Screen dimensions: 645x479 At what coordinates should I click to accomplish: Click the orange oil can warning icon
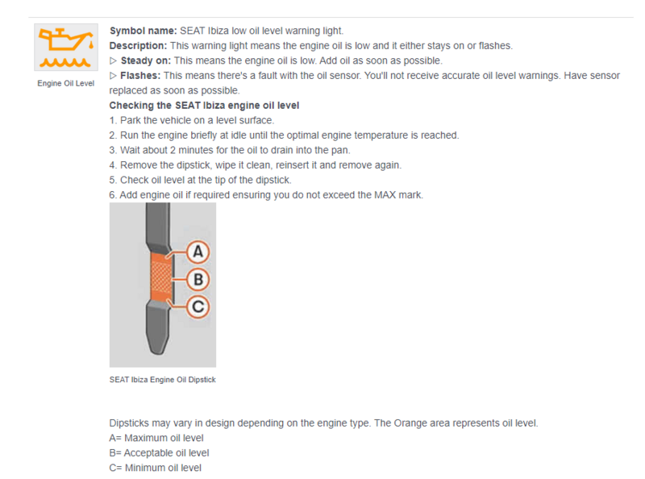click(x=66, y=48)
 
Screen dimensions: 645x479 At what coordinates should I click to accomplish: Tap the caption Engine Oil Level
click(x=66, y=83)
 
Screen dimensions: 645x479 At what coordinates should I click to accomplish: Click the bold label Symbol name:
click(x=144, y=31)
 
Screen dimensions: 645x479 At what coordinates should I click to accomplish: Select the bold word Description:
click(x=138, y=46)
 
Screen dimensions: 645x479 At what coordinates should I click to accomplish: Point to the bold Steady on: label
click(x=146, y=60)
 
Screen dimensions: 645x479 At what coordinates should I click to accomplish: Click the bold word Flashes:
click(x=140, y=76)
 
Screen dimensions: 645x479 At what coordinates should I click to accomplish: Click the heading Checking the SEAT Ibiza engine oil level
click(x=204, y=106)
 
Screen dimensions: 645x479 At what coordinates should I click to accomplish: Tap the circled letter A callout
click(x=198, y=252)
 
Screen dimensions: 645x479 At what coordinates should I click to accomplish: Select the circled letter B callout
click(x=198, y=279)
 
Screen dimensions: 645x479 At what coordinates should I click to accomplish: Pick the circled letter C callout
click(x=198, y=307)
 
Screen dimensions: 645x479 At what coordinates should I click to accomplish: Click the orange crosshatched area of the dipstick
click(x=160, y=277)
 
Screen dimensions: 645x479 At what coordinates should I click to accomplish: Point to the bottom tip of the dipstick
click(x=158, y=353)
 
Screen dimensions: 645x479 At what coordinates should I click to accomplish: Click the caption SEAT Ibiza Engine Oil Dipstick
click(x=163, y=380)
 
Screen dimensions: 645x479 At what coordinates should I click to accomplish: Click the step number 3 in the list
click(x=112, y=150)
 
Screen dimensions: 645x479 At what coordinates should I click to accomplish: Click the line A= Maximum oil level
click(x=156, y=438)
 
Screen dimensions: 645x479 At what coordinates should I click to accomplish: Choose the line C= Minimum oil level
click(x=156, y=468)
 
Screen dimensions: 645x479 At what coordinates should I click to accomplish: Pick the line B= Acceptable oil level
click(x=159, y=453)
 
